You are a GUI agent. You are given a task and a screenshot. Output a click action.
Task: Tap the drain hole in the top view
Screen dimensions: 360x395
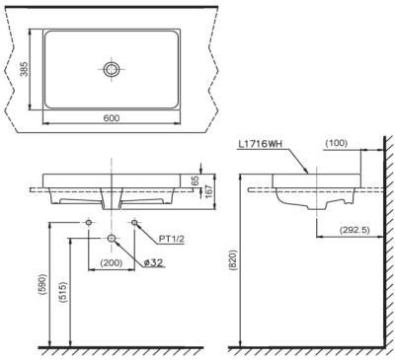(112, 70)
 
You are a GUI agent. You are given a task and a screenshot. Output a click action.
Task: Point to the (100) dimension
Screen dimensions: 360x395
(337, 145)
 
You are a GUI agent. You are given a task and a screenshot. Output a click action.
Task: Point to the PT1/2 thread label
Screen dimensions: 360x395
(174, 236)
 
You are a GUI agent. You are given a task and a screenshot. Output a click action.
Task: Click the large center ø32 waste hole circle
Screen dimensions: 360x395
(112, 239)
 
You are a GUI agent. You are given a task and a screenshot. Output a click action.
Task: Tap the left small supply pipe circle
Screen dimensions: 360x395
(89, 224)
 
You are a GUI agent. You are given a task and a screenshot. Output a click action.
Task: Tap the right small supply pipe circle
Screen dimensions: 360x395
(133, 224)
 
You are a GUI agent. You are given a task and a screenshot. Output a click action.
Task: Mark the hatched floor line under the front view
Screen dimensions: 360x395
(118, 350)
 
